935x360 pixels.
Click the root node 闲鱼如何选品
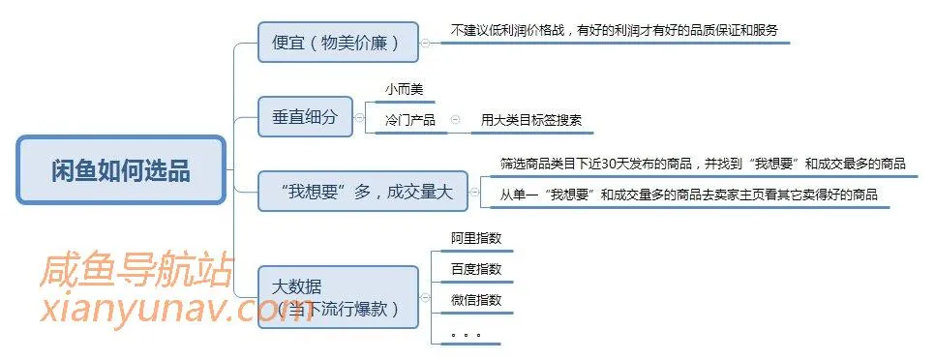[121, 170]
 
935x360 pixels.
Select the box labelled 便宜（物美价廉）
[338, 43]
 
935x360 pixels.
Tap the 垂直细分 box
[304, 117]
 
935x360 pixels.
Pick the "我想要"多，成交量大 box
[362, 192]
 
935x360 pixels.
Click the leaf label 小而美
[404, 90]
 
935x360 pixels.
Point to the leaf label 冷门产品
[409, 121]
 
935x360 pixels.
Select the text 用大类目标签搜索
[531, 121]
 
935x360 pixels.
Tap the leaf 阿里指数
[475, 237]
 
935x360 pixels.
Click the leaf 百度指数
[475, 269]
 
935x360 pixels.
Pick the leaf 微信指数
[475, 300]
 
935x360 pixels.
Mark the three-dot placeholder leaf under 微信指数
[466, 335]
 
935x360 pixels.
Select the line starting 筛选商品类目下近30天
[703, 163]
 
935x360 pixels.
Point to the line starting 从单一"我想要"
[688, 195]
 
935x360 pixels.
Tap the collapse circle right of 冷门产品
[456, 121]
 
